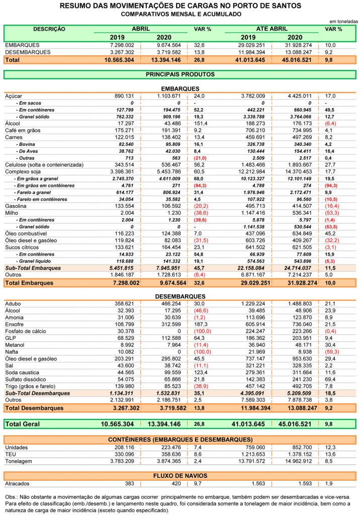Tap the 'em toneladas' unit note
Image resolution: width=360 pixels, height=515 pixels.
(x=343, y=21)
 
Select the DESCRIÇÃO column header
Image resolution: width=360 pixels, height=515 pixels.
(x=49, y=29)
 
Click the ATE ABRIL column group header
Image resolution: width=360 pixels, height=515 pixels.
(x=272, y=29)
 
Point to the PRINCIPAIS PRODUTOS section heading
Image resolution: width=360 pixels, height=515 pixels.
(x=180, y=74)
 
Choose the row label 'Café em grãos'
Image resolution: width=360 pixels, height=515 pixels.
(x=23, y=130)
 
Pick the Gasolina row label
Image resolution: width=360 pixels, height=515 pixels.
(x=16, y=206)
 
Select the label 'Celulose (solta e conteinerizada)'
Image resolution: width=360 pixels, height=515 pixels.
(x=44, y=165)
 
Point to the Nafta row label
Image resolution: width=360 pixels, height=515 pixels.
(x=12, y=352)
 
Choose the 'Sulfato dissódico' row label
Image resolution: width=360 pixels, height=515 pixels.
(x=26, y=379)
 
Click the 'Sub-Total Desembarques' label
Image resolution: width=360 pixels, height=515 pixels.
(x=37, y=393)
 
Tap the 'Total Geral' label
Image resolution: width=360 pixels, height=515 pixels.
(x=22, y=424)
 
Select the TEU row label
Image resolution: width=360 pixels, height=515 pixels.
(x=11, y=454)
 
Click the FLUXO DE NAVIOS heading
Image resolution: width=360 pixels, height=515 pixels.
(x=180, y=476)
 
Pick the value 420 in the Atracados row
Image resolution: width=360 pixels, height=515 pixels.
(x=176, y=483)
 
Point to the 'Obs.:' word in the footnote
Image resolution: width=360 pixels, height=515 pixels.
(x=12, y=497)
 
